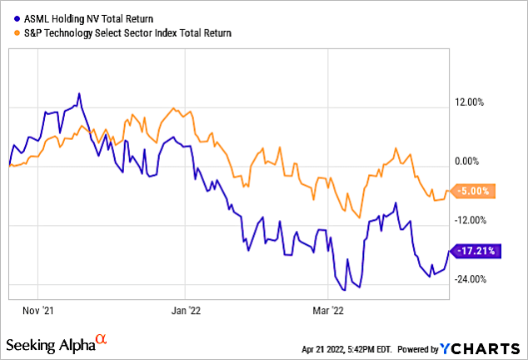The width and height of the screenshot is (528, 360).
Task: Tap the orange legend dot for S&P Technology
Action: tap(16, 32)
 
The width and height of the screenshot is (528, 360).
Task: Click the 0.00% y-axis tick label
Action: tap(471, 162)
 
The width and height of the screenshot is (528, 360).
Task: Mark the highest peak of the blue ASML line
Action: tap(78, 93)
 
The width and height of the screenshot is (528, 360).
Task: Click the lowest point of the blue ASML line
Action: tap(358, 288)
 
